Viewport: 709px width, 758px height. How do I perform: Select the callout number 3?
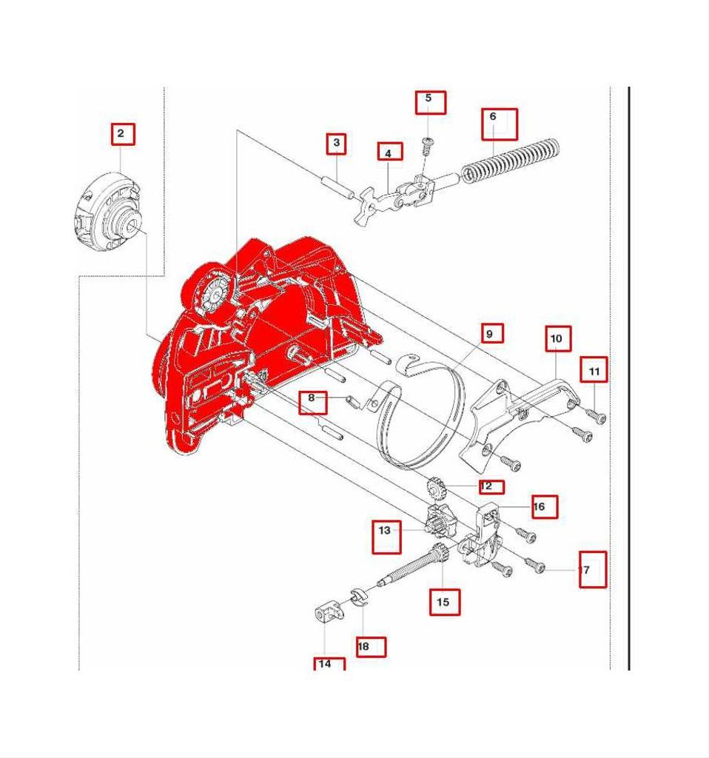(337, 142)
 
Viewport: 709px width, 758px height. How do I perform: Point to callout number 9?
(489, 334)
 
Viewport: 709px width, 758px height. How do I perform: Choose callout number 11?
(594, 369)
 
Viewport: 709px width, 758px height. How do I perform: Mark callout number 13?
(385, 531)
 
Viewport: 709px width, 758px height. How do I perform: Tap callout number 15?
(443, 602)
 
